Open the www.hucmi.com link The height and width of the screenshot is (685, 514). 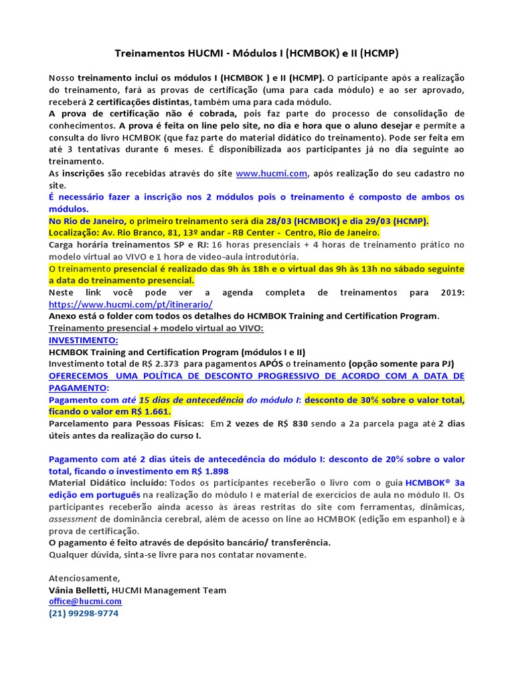[x=271, y=173]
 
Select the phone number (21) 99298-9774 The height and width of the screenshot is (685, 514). [x=84, y=613]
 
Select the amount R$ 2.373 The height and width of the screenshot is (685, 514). [x=162, y=363]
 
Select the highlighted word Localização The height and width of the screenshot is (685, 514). [x=76, y=233]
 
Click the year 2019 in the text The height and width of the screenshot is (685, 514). [x=453, y=292]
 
